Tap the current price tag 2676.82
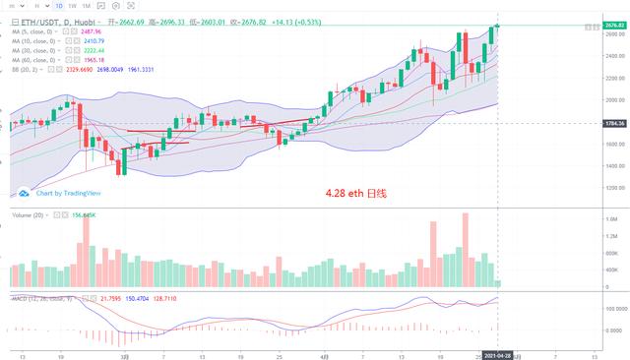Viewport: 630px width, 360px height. coord(614,25)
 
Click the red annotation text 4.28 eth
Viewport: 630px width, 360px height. coord(355,194)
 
